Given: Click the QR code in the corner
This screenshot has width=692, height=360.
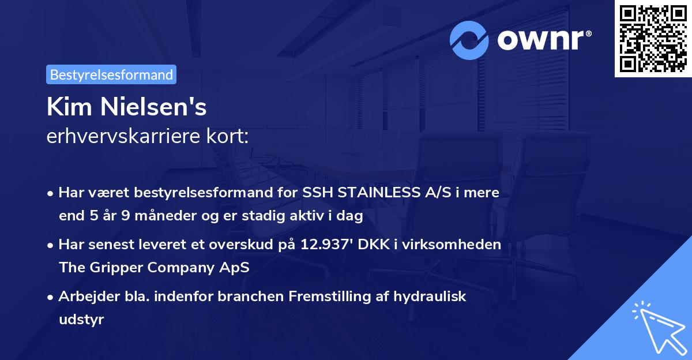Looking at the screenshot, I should pos(652,39).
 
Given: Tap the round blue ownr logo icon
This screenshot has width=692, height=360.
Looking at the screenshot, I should pos(469,40).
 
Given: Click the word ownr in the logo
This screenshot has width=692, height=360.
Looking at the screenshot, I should pos(540,40).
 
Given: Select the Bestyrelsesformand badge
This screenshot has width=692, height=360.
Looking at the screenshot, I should pos(111,74).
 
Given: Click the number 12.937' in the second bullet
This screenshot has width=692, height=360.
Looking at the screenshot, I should pos(328,245).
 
